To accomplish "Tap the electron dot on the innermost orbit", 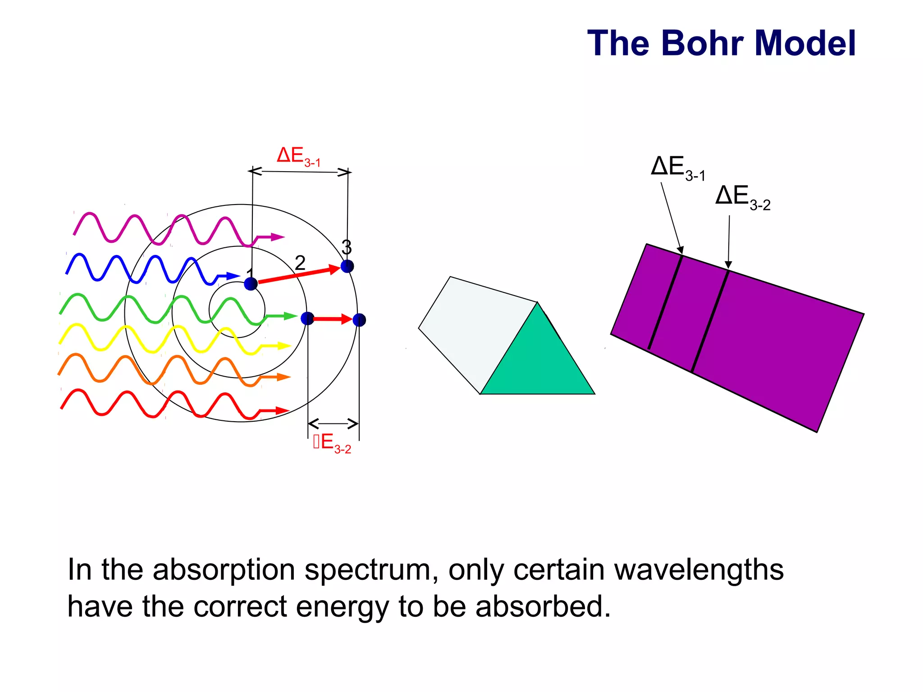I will pos(251,284).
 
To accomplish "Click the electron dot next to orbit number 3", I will pos(347,266).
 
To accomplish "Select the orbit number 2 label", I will pos(300,263).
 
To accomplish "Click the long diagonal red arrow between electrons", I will pos(297,275).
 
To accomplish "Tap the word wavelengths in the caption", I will pos(699,570).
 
